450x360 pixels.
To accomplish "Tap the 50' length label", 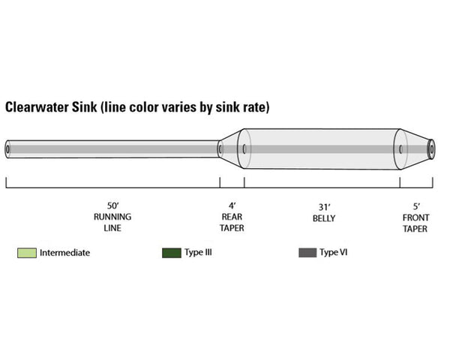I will point(112,205).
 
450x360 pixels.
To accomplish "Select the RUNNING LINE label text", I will point(112,223).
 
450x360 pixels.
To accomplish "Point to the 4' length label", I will point(232,205).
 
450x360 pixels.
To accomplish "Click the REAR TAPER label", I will point(232,223).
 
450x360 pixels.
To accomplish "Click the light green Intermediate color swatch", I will point(27,253).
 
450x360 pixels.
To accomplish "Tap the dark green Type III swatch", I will point(172,253).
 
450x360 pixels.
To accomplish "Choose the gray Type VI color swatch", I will point(307,253).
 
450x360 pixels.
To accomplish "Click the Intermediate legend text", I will point(64,253).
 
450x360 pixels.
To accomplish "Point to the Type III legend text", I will point(198,253).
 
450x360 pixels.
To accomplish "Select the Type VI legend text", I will point(333,253).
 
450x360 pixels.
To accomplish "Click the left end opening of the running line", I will point(8,149).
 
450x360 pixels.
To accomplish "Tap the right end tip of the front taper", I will point(432,149).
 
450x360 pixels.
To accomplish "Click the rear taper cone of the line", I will point(229,149).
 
